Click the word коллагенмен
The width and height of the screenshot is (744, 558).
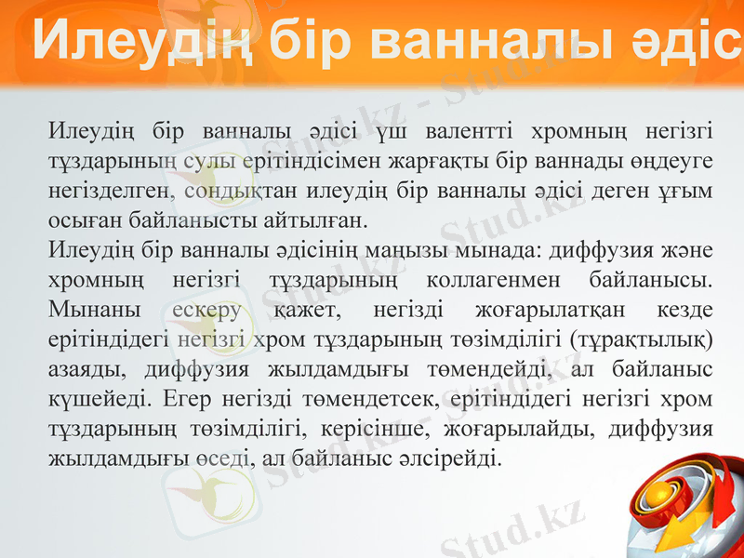point(491,280)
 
